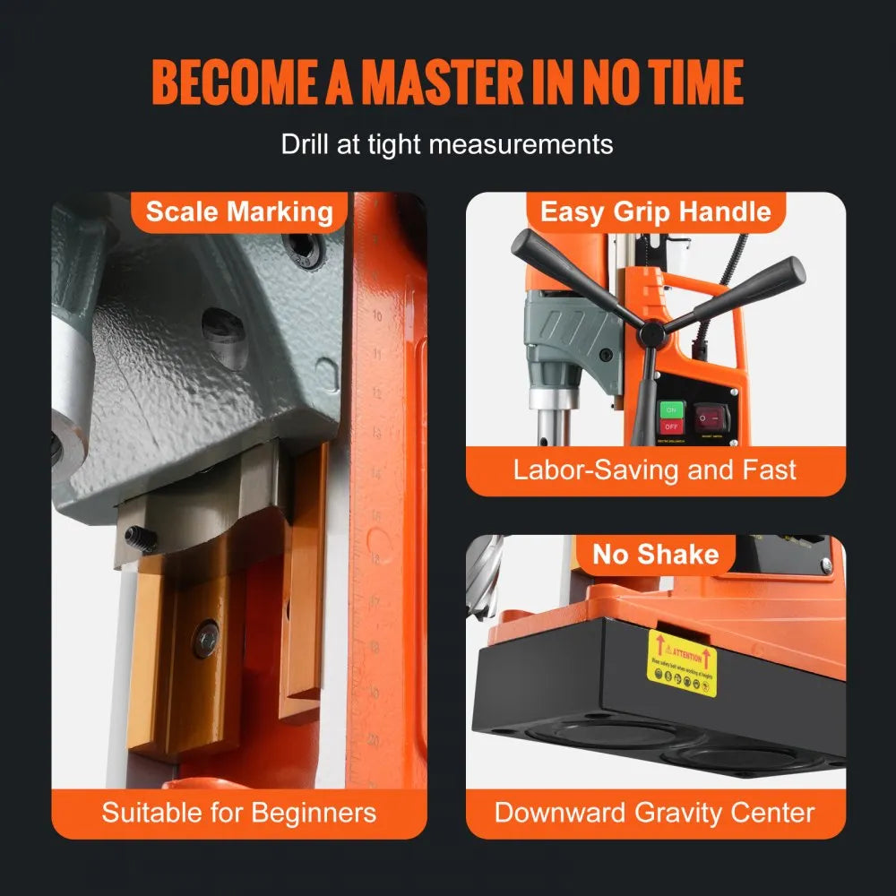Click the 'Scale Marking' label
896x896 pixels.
coord(239,212)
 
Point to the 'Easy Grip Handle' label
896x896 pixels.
coord(656,212)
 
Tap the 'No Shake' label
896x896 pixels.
coord(655,555)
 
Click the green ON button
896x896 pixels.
coord(670,410)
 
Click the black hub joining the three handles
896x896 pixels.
coord(652,333)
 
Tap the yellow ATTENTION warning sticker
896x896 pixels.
coord(683,662)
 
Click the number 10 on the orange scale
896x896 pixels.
coord(377,315)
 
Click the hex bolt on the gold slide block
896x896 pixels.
coord(206,639)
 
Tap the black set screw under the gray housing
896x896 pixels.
coord(140,538)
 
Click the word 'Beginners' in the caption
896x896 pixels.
coord(314,813)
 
